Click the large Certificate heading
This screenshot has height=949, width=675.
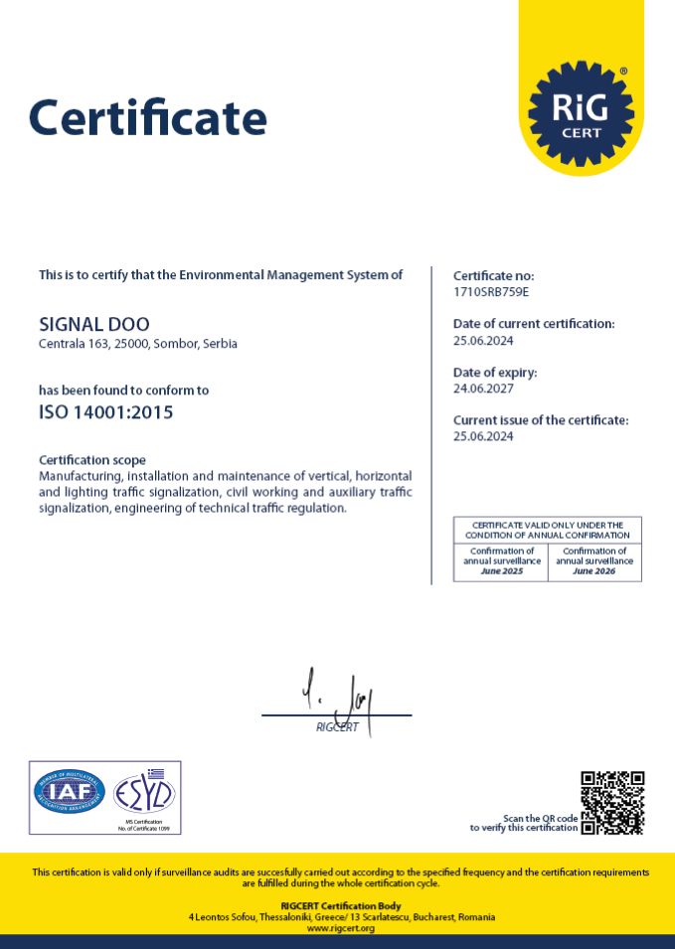[x=147, y=117]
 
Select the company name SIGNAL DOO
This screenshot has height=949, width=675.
[x=94, y=324]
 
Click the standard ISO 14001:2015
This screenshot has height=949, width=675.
[x=105, y=412]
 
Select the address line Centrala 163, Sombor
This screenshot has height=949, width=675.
[x=138, y=344]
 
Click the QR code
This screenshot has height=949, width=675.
[x=612, y=802]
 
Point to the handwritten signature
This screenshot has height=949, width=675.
[x=343, y=696]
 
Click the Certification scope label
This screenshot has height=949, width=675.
[x=92, y=460]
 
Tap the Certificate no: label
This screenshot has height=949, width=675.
[x=494, y=275]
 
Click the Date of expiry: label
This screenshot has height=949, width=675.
[x=495, y=373]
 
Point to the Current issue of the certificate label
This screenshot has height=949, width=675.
[x=541, y=420]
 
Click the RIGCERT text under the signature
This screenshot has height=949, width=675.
[x=337, y=727]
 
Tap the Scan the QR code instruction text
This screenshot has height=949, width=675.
[x=524, y=823]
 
